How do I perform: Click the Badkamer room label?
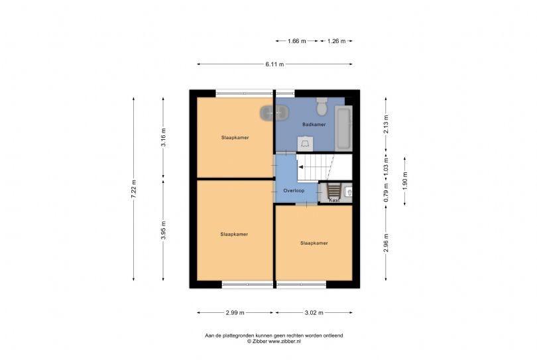pos(314,125)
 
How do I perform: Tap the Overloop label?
pos(294,190)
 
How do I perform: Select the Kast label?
pos(334,200)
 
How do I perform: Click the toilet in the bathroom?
pos(322,107)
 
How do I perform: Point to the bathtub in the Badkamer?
pos(343,129)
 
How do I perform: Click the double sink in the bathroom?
pos(274,113)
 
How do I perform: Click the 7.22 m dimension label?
pos(133,189)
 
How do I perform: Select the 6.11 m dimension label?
pos(274,64)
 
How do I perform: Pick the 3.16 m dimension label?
pos(163,137)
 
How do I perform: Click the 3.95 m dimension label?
pos(163,230)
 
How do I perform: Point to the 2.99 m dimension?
pos(235,312)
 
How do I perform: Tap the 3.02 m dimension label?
pos(314,312)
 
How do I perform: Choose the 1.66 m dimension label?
pos(296,41)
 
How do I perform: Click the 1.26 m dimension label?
pos(336,41)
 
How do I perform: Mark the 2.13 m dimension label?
pos(386,125)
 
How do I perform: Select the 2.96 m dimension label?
pos(386,243)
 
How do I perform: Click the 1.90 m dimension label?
pos(405,181)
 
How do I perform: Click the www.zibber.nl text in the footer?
pos(284,341)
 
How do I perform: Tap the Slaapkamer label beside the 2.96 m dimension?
pos(314,243)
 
